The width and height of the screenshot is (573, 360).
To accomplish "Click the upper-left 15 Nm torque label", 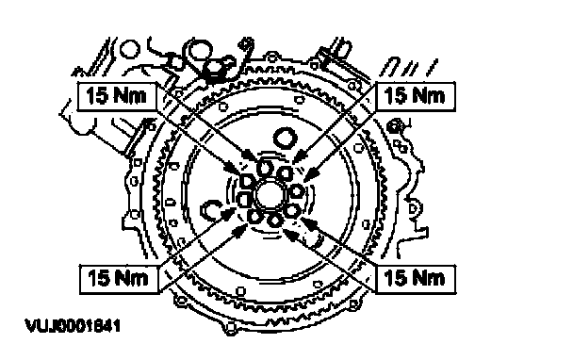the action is pos(117,96).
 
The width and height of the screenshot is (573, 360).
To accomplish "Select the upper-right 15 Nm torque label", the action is pos(415,96).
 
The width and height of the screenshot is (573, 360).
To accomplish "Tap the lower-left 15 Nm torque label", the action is pos(119,279).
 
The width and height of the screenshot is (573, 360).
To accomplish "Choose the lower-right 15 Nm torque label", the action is pos(416,279).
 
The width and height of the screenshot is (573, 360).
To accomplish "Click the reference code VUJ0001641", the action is pos(73,326).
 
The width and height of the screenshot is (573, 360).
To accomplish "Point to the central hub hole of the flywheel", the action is pos(268,195).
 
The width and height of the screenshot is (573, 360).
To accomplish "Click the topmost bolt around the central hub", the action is pos(264,169).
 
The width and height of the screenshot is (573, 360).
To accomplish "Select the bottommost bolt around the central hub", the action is pos(273,221).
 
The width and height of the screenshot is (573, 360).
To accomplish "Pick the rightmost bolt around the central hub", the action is pos(296,190).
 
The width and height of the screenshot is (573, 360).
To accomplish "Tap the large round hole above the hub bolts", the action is pos(285,139).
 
